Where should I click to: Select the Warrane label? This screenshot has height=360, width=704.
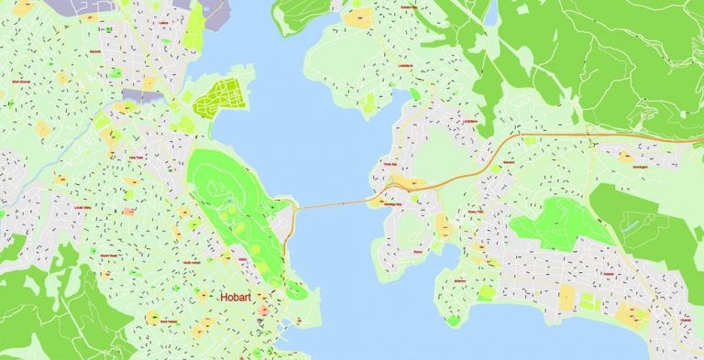[508, 164]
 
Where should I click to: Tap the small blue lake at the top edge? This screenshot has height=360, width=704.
[490, 11]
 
